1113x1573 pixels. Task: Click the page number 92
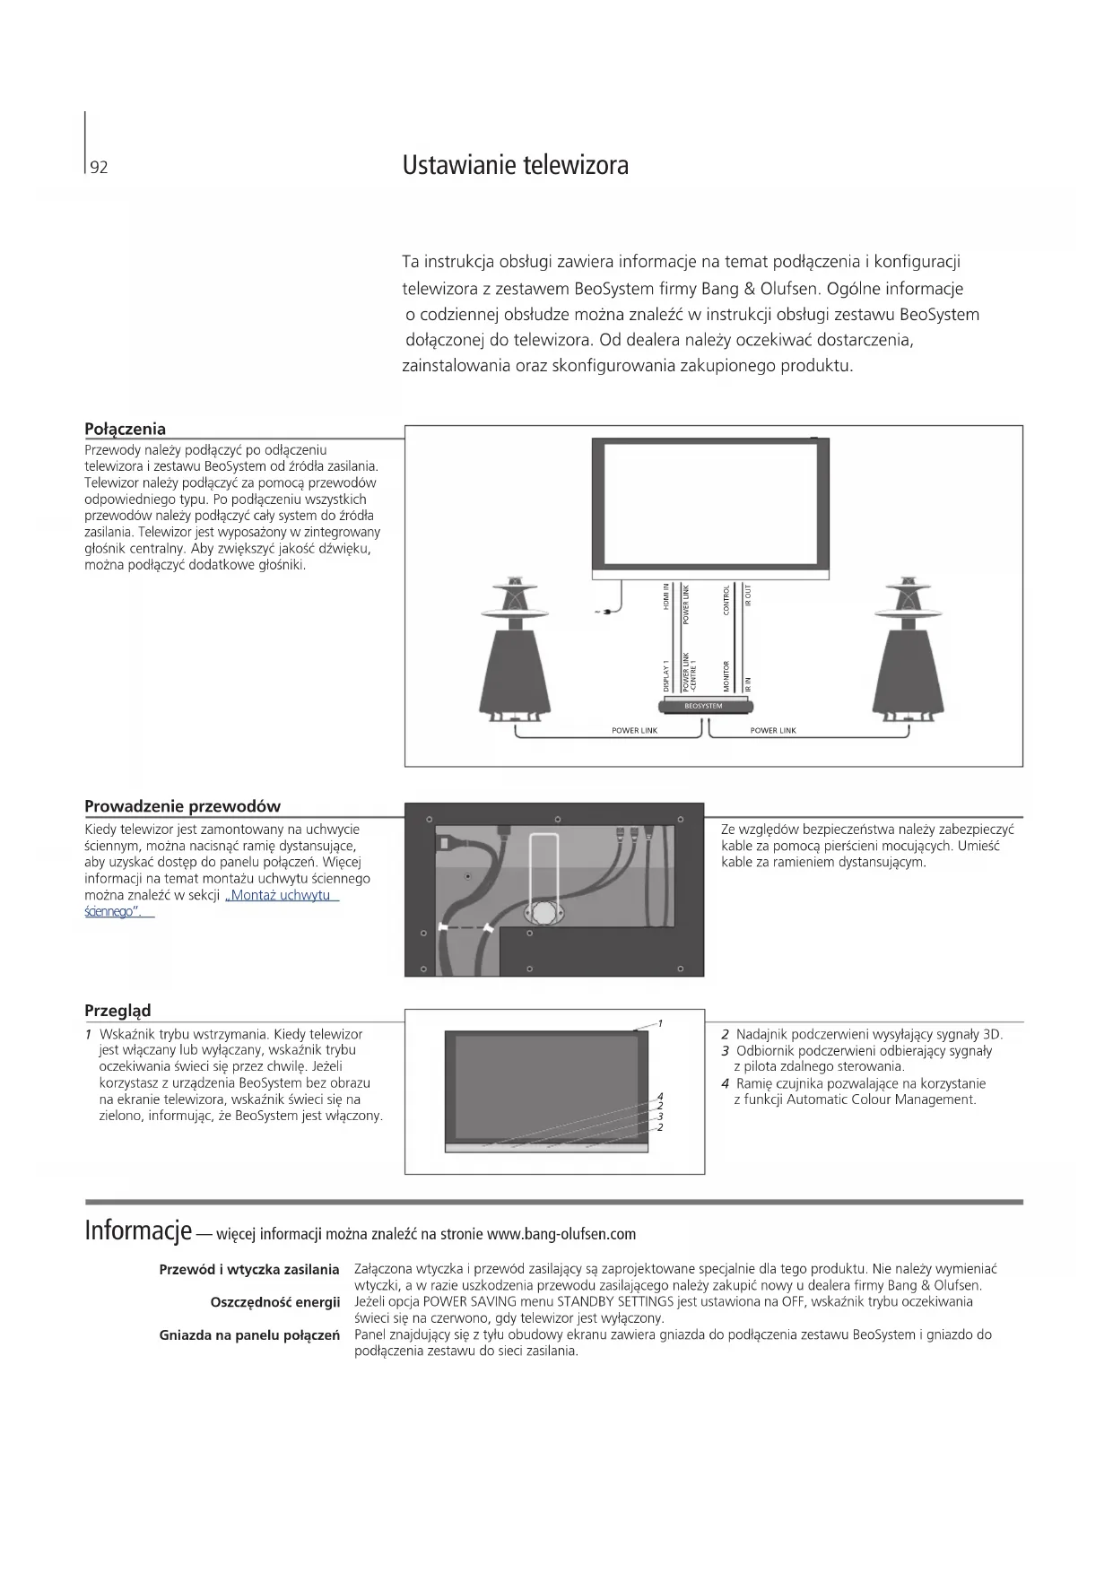pyautogui.click(x=99, y=168)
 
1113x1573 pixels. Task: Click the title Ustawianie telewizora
pyautogui.click(x=515, y=165)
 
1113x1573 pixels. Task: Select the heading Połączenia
pyautogui.click(x=125, y=429)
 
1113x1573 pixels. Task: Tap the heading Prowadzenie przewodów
pyautogui.click(x=182, y=805)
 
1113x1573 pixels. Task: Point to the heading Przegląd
pyautogui.click(x=117, y=1010)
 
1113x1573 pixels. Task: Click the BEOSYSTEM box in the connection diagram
pyautogui.click(x=703, y=706)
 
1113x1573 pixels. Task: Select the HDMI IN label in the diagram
pyautogui.click(x=666, y=597)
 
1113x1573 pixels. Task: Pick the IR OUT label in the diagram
pyautogui.click(x=748, y=595)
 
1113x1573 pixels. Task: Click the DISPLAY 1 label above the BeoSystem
pyautogui.click(x=666, y=675)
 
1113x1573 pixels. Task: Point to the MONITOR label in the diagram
pyautogui.click(x=726, y=675)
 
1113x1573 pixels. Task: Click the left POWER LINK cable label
pyautogui.click(x=634, y=731)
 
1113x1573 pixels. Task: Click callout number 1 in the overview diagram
pyautogui.click(x=660, y=1022)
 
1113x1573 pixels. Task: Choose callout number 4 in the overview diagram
pyautogui.click(x=660, y=1096)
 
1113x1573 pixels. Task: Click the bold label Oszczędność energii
pyautogui.click(x=274, y=1302)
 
